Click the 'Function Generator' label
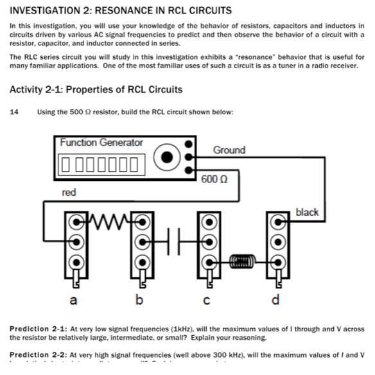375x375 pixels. click(x=101, y=143)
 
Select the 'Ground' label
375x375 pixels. click(x=229, y=150)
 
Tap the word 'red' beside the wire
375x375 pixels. click(x=69, y=192)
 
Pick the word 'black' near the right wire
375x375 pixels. click(x=306, y=212)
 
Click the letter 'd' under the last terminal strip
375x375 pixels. click(x=277, y=301)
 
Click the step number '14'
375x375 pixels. click(x=14, y=112)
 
